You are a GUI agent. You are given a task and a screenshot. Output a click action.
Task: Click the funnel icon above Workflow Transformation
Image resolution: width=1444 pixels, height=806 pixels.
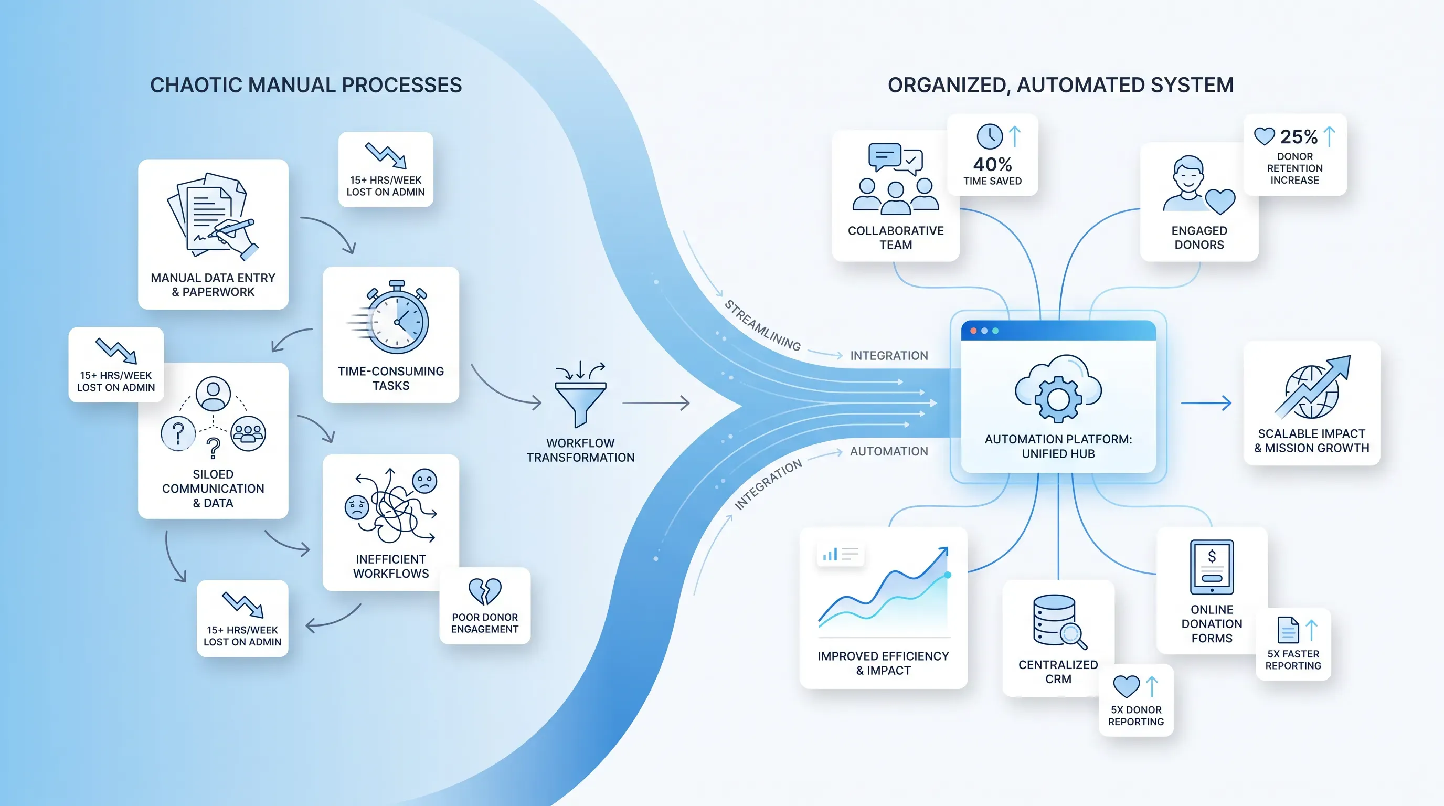(x=580, y=402)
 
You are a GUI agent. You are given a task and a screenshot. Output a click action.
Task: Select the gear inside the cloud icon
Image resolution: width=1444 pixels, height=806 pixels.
(x=1058, y=399)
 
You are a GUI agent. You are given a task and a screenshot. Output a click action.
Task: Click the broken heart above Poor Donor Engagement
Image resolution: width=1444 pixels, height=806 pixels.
(x=485, y=591)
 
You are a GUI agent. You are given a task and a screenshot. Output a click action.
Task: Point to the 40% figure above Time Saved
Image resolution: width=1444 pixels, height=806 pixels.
(x=992, y=164)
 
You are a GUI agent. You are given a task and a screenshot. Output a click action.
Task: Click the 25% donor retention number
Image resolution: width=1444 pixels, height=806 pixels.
(x=1299, y=137)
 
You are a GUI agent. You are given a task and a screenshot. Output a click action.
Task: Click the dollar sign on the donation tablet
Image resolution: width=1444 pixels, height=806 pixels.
(x=1212, y=556)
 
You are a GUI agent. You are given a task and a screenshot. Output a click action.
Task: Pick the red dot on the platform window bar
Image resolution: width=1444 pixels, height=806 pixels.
(x=973, y=331)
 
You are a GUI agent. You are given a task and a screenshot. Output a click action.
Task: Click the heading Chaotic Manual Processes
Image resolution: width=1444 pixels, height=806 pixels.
(x=306, y=85)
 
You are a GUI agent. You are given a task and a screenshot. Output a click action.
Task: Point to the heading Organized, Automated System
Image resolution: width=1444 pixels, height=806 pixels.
(x=1060, y=85)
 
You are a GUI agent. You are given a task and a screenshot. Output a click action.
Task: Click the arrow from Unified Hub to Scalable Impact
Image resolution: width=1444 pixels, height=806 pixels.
(x=1206, y=402)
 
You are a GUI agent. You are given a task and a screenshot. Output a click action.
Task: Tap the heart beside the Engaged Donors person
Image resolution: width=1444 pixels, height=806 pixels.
(x=1220, y=201)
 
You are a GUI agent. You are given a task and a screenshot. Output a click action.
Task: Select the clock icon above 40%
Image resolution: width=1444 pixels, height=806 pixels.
(x=990, y=137)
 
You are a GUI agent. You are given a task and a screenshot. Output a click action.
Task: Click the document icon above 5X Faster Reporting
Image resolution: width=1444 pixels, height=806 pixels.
(x=1288, y=630)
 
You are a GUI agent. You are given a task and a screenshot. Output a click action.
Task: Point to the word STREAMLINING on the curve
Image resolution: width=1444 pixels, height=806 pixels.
(x=762, y=325)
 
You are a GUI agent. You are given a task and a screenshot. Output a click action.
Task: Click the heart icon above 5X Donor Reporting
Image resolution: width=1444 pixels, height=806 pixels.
(x=1126, y=686)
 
